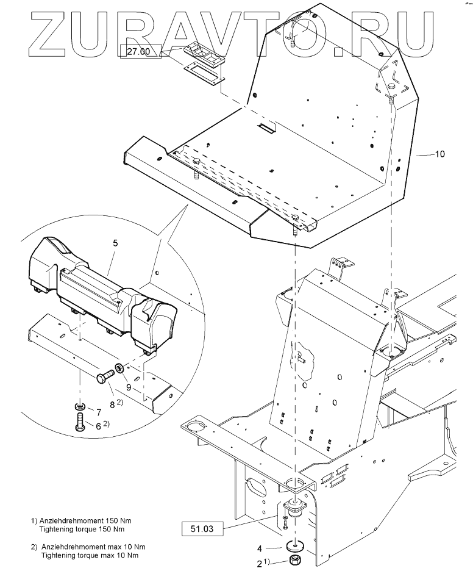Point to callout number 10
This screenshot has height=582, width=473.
[439, 155]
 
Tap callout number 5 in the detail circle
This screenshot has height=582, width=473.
[116, 242]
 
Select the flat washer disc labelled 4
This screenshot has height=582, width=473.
[295, 544]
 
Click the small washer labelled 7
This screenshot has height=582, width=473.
[80, 406]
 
